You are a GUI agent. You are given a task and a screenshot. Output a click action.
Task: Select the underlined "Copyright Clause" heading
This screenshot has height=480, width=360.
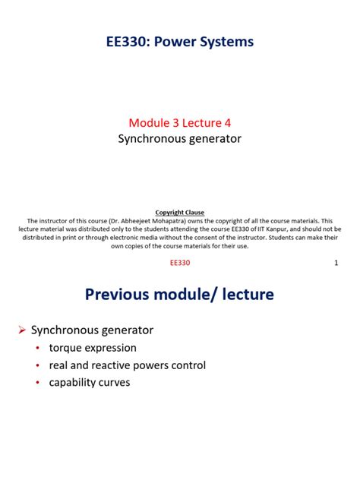[x=180, y=212]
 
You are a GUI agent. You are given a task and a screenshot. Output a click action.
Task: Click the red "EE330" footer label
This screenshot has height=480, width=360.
[x=180, y=263]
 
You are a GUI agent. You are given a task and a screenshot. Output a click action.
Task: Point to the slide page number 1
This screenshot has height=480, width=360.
[x=336, y=263]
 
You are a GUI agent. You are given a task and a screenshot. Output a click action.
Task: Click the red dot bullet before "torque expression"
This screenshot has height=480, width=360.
[x=38, y=349]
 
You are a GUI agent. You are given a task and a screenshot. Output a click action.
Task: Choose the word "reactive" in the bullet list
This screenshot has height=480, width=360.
[x=118, y=365]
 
